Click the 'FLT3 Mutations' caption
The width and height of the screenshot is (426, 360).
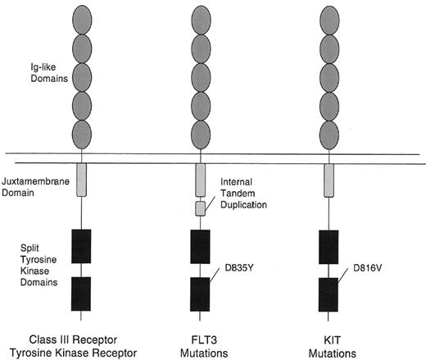(x=200, y=339)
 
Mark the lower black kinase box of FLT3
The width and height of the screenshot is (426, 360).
(x=200, y=292)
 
